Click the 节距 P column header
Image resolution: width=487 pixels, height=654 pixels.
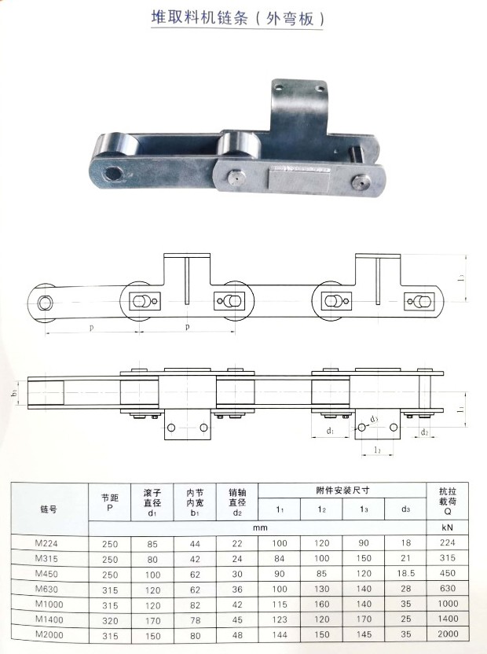tap(111, 502)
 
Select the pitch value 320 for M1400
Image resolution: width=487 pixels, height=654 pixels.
tap(111, 619)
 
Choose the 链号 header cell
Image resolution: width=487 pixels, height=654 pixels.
tap(49, 509)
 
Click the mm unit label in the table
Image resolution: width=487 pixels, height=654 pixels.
tap(260, 527)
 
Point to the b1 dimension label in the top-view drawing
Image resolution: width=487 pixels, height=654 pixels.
tap(16, 391)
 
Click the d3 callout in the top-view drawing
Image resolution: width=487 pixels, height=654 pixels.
tap(374, 419)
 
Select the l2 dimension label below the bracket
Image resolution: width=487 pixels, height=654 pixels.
tap(378, 450)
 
